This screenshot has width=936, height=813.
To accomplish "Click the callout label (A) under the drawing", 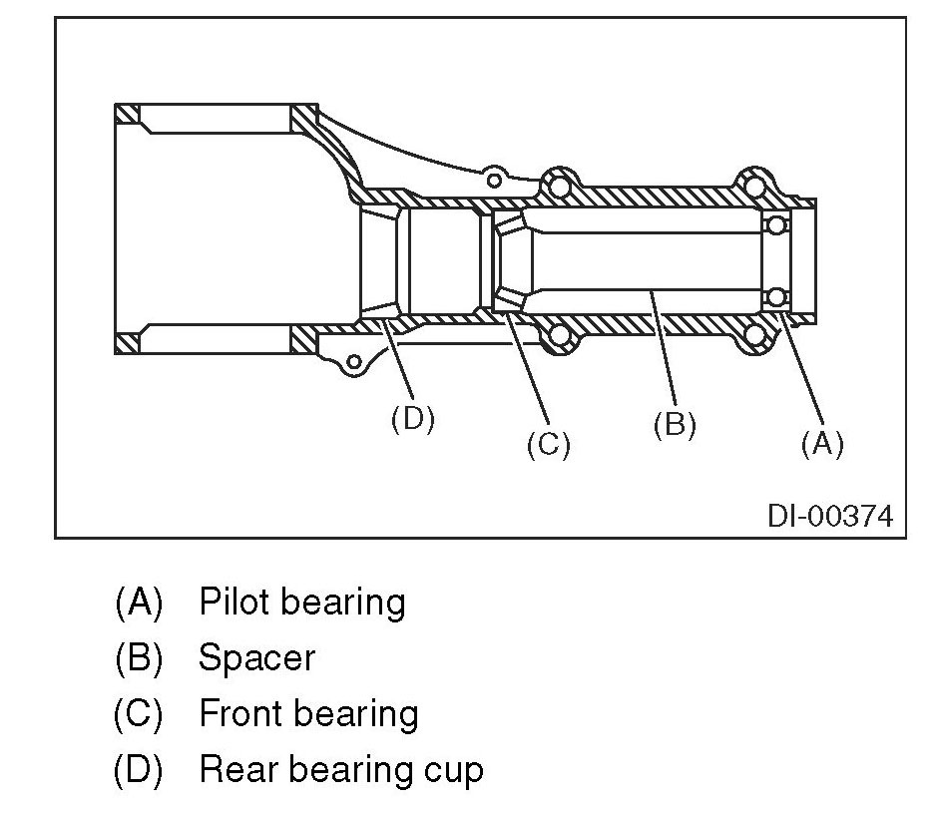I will click(x=822, y=443).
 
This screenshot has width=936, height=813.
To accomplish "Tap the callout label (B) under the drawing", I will click(x=675, y=424).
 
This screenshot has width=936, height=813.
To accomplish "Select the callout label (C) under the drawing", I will click(x=548, y=443).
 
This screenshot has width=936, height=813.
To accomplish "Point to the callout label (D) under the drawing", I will click(x=412, y=418).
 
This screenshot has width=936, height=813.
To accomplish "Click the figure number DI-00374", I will click(x=829, y=516).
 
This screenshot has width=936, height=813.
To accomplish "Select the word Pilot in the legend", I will click(x=235, y=603).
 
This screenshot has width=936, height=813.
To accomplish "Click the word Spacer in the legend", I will click(x=256, y=658).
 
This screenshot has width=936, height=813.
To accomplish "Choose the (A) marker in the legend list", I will click(x=139, y=603).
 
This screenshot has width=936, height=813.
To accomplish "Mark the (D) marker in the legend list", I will click(x=139, y=770).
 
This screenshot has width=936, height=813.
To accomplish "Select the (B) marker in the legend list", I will click(x=139, y=658).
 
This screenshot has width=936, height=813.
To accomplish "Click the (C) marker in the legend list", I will click(x=139, y=714).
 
